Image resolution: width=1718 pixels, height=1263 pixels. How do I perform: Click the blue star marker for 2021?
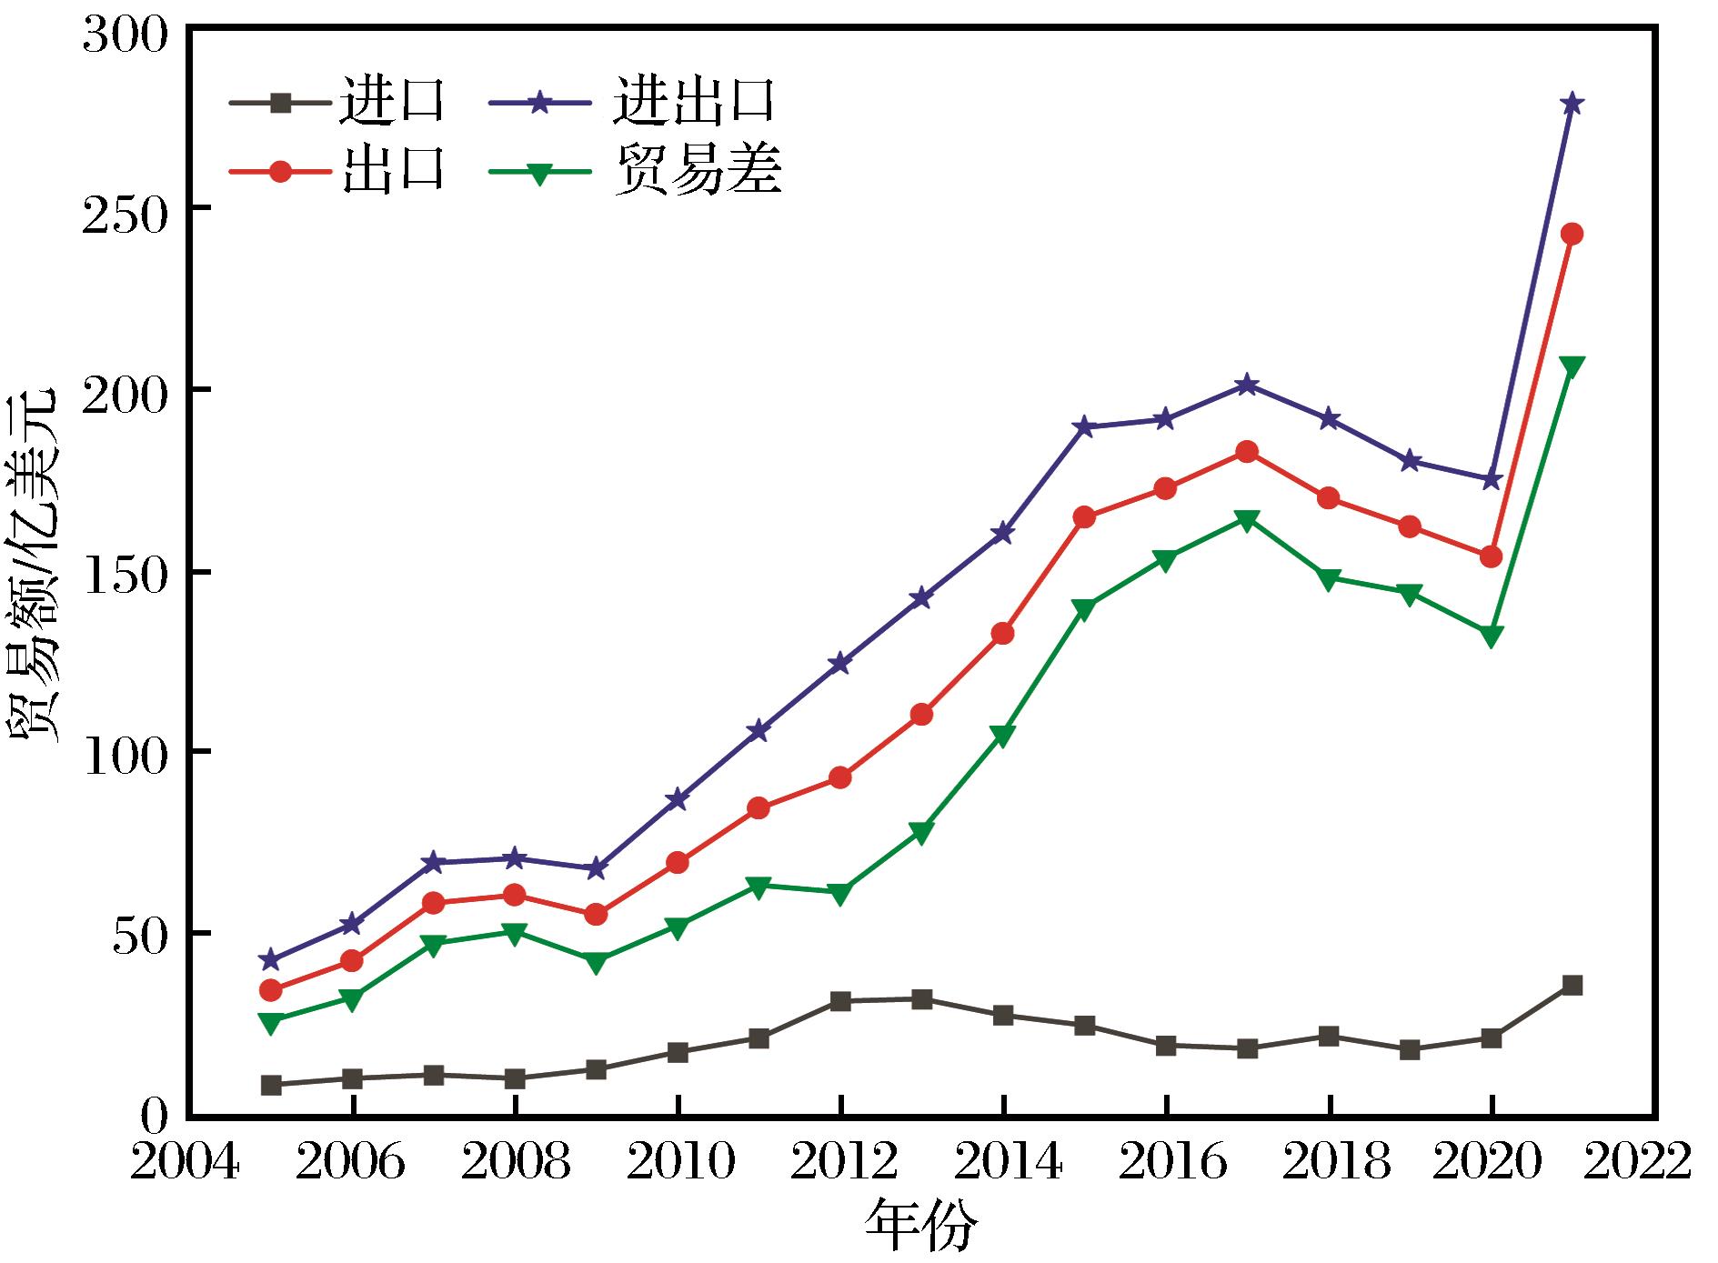point(1572,104)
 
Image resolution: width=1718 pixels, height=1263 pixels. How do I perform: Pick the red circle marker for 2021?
point(1572,234)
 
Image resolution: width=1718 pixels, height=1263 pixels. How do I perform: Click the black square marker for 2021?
point(1572,986)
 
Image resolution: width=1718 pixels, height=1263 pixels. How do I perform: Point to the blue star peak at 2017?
point(1247,386)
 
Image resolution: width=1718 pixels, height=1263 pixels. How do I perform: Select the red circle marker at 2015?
point(1084,517)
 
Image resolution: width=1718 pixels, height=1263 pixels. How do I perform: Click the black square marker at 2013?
point(921,999)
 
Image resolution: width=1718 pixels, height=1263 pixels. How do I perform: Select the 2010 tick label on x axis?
point(677,1163)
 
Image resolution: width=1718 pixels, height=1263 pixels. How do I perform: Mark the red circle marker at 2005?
point(270,990)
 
